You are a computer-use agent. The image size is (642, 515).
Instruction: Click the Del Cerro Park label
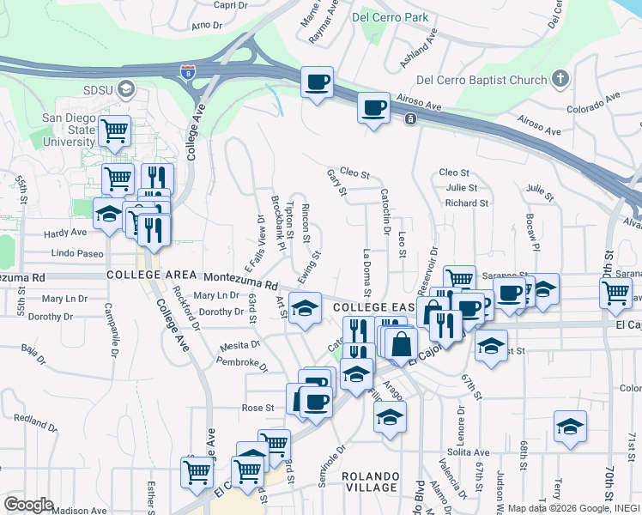coord(391,15)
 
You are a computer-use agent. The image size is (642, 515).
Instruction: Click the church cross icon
coord(560,80)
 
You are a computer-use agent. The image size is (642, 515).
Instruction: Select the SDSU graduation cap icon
coord(126,89)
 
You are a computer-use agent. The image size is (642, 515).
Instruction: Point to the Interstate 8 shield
coord(187,71)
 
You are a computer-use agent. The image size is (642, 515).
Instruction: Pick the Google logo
coord(29,504)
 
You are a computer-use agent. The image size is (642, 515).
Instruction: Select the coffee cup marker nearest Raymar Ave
coord(318,82)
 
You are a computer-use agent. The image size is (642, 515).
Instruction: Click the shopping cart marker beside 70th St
coord(616,292)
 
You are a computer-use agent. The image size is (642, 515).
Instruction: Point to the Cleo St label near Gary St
coord(354,173)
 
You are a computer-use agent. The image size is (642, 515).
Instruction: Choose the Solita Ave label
coord(469,452)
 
